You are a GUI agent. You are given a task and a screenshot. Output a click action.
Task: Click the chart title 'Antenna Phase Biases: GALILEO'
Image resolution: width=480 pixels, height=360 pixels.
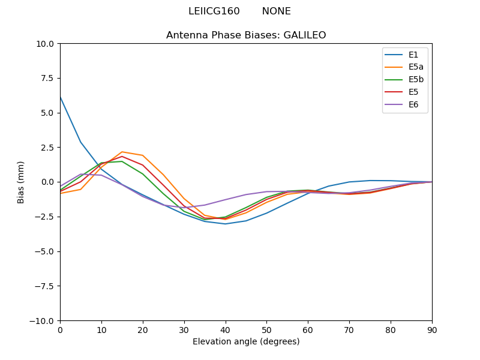click(x=246, y=35)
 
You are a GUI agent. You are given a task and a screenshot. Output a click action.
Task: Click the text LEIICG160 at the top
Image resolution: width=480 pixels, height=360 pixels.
click(x=214, y=11)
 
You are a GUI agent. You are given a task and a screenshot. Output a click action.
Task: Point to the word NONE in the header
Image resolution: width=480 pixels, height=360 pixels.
click(x=276, y=11)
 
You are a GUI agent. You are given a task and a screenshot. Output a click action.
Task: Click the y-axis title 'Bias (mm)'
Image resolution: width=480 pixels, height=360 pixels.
click(x=21, y=182)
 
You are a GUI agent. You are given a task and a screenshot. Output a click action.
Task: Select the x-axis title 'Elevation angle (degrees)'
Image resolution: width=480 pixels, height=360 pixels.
click(x=246, y=342)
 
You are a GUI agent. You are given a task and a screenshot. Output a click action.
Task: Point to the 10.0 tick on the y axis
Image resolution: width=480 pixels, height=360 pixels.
click(x=46, y=44)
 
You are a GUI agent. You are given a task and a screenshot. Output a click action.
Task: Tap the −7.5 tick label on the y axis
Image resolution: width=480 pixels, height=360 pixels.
click(x=44, y=286)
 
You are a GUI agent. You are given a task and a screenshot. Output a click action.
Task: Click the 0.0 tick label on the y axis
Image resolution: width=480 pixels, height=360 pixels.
click(x=48, y=182)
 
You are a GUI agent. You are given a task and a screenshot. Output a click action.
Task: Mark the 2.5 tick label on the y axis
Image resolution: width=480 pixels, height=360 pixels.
click(x=48, y=148)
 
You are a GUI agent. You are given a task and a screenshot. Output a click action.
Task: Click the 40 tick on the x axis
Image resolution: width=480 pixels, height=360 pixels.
click(x=226, y=329)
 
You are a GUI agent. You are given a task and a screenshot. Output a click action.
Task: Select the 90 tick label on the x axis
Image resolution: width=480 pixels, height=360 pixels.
click(x=432, y=329)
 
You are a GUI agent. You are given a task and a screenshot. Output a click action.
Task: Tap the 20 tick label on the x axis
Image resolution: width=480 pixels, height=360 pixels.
click(x=143, y=329)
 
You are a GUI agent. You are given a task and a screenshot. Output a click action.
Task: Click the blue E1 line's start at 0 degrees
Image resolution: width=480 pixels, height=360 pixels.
click(x=61, y=97)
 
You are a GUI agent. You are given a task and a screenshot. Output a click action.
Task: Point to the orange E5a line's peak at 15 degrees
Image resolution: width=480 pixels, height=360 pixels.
click(x=122, y=152)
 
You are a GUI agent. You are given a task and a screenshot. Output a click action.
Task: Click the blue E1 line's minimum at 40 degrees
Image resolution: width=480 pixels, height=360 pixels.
click(x=226, y=224)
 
